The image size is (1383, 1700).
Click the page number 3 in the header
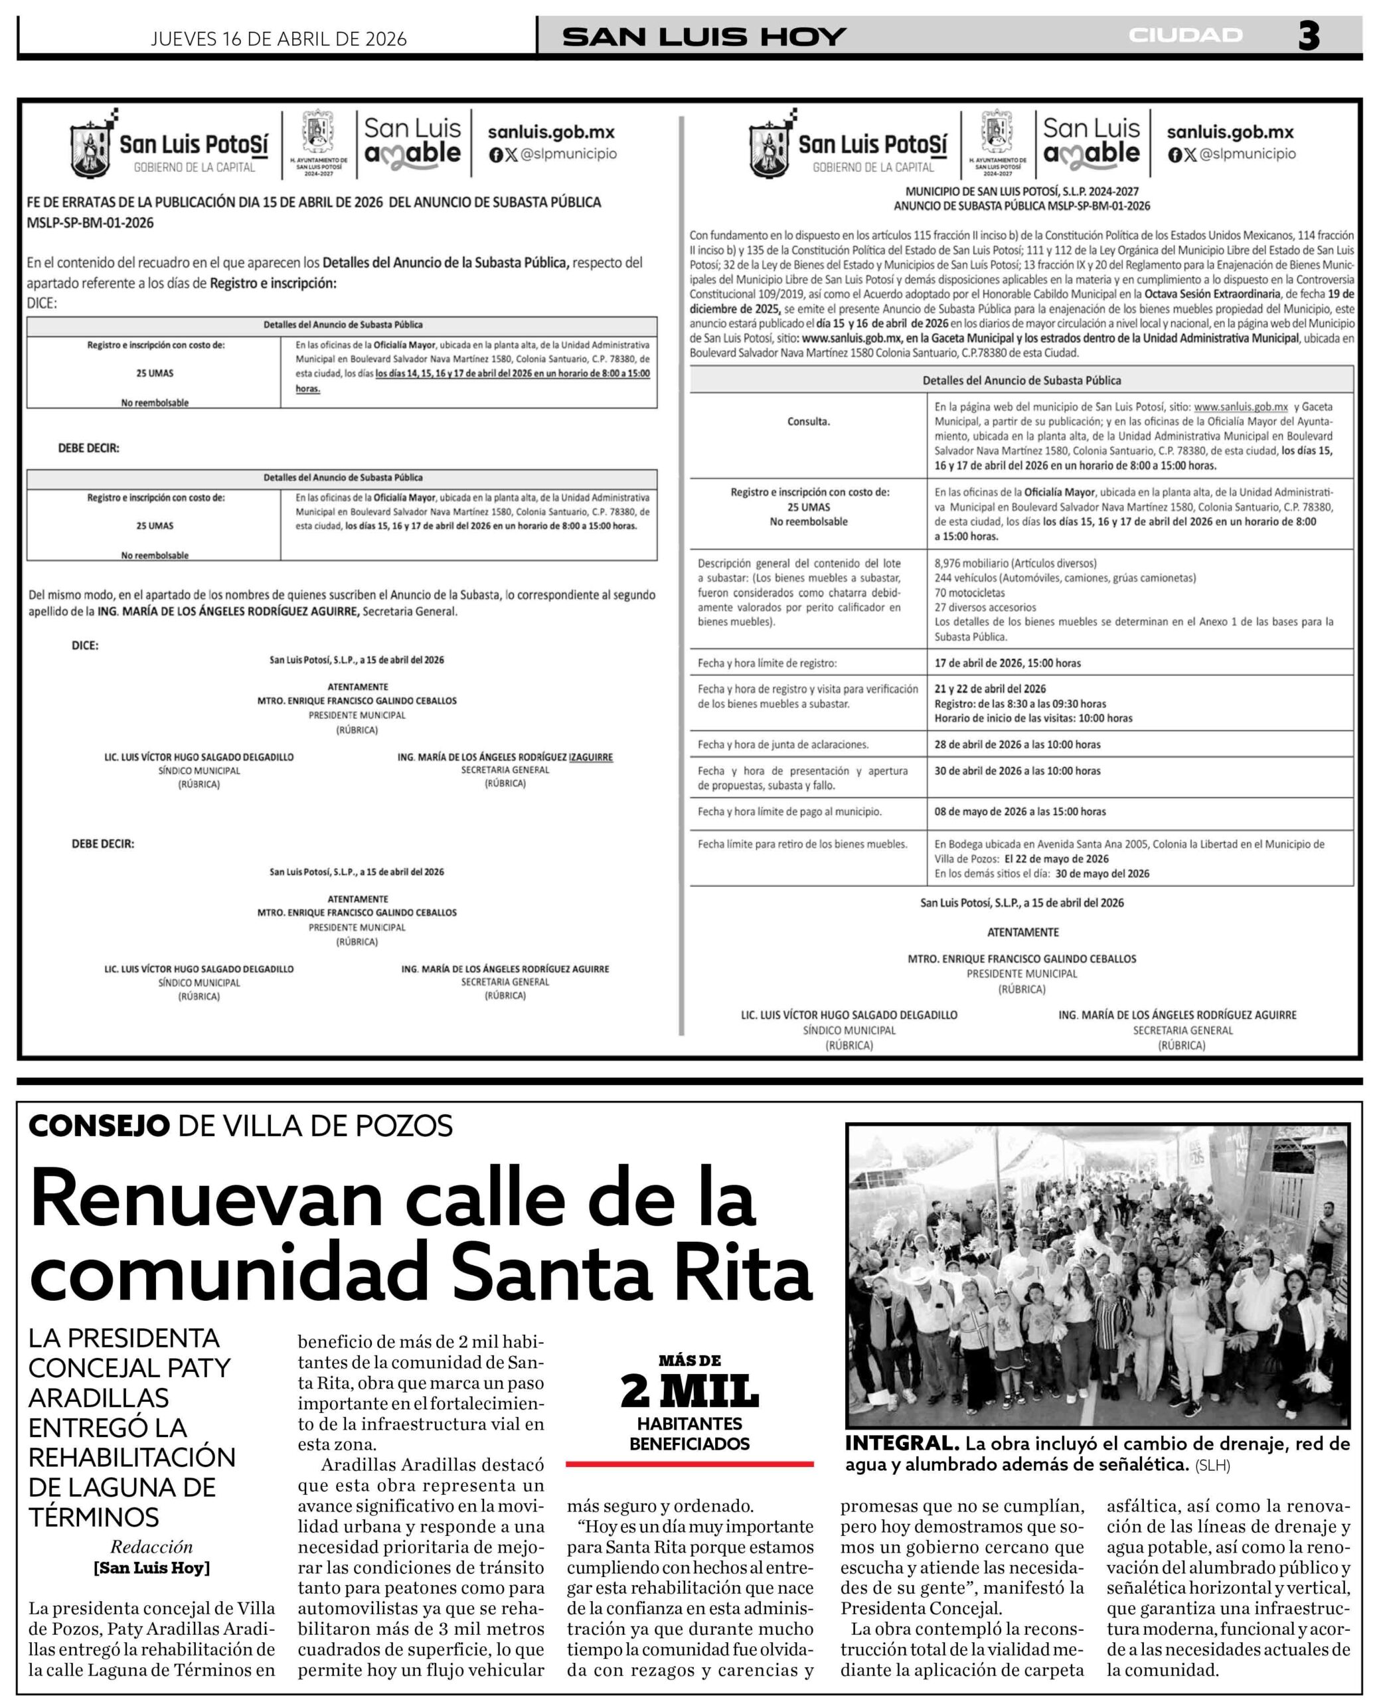pos(1309,37)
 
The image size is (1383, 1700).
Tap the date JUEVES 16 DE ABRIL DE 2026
pos(278,39)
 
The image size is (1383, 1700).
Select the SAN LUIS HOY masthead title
pos(703,37)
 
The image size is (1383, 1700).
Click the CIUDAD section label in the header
pos(1184,36)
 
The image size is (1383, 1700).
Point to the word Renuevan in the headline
pos(206,1203)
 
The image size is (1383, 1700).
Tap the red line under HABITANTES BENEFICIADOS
pos(689,1464)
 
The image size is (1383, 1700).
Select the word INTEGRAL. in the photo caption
pos(901,1444)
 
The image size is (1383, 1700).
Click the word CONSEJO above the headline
pos(99,1126)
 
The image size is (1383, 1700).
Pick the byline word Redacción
pos(151,1546)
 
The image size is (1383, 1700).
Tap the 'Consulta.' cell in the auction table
pos(808,422)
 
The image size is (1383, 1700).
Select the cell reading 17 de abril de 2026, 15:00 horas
pos(1007,663)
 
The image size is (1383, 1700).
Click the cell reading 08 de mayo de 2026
pos(1020,811)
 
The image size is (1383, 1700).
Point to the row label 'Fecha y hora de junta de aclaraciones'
pos(783,745)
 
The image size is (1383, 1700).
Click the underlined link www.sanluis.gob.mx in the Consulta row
pos(1240,407)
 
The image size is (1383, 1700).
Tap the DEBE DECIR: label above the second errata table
pos(88,448)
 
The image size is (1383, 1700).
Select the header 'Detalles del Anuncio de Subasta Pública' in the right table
pos(1021,381)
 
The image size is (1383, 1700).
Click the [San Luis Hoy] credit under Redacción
pos(151,1568)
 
